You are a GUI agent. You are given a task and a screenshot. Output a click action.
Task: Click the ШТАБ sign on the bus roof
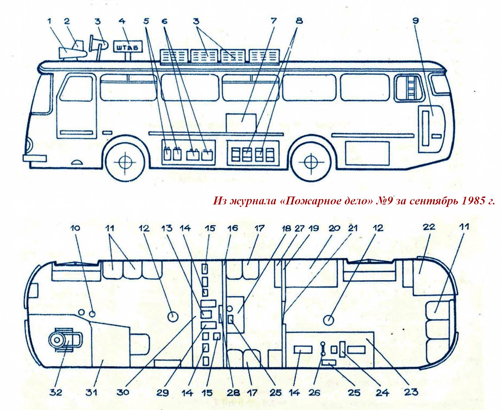click(x=127, y=48)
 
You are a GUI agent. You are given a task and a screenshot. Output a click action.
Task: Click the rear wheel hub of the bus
click(x=310, y=162)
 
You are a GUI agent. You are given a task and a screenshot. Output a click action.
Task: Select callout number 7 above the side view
click(x=273, y=21)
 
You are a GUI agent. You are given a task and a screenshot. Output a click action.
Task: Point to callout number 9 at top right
click(x=416, y=21)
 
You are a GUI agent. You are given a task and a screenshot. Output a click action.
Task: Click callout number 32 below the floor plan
click(x=56, y=392)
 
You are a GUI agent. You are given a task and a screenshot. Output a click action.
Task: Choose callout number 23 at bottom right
click(x=411, y=392)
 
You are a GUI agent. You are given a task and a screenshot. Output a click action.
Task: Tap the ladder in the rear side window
click(x=410, y=87)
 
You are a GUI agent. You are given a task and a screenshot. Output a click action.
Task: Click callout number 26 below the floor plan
click(x=315, y=392)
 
